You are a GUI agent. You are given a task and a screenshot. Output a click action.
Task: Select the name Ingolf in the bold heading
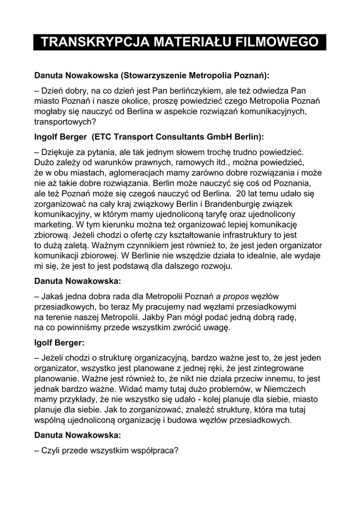(x=47, y=136)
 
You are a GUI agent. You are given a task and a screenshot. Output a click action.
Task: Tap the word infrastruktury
(x=243, y=235)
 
